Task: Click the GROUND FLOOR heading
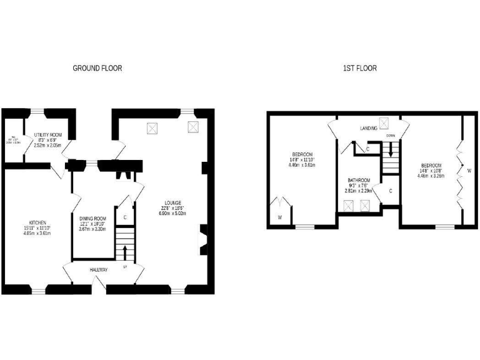click(97, 68)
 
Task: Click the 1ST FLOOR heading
click(359, 68)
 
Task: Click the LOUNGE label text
click(172, 202)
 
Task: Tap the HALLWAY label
click(98, 270)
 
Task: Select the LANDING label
click(368, 128)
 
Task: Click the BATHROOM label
click(359, 181)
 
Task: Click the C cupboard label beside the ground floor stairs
click(125, 217)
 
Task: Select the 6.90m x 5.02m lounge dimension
click(172, 214)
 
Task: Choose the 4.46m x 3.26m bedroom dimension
click(431, 176)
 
